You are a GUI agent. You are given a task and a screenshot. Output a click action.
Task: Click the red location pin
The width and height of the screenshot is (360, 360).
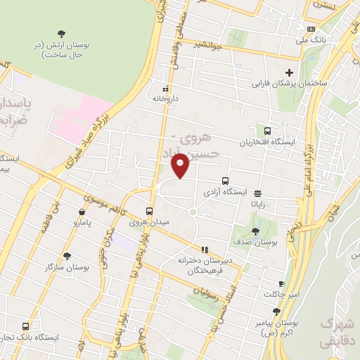coord(181,166)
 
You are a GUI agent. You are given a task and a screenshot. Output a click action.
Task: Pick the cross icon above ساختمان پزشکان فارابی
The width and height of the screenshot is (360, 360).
coord(289,72)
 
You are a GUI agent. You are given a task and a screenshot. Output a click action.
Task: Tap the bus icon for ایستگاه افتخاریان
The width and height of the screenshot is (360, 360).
coord(267,131)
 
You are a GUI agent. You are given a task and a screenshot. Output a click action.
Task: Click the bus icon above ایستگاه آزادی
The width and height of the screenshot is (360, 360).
coord(225,181)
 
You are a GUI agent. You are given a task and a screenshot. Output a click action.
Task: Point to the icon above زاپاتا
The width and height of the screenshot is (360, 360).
coord(257,193)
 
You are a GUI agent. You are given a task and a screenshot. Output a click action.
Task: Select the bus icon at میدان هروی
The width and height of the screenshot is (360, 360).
coord(149,211)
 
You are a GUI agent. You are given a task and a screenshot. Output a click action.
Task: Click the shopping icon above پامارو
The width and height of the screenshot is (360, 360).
coord(83,212)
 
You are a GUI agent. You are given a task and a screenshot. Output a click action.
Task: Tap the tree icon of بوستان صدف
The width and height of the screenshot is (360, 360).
coord(255,230)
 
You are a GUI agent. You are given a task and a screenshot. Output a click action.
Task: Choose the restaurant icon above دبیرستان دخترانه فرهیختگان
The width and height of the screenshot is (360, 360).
coord(205,249)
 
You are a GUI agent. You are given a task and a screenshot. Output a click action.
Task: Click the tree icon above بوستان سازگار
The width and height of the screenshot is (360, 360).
coord(67,257)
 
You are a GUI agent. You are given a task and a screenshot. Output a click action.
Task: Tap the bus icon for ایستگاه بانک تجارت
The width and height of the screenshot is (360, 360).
coord(26,326)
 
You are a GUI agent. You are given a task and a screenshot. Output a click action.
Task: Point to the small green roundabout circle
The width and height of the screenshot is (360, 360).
coord(192,212)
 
